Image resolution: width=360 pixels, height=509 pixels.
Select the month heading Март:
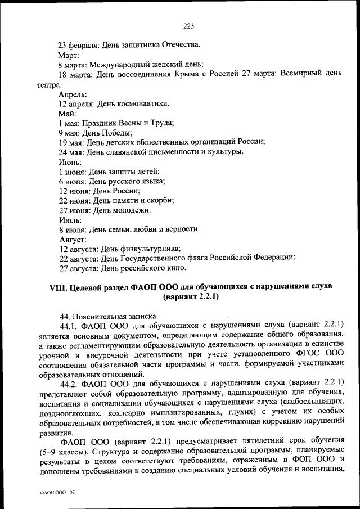coord(69,56)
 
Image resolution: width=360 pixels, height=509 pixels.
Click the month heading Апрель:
coord(73,94)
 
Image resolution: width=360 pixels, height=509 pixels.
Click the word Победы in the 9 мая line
coord(119,133)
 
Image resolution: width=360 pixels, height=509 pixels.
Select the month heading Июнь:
coord(70,162)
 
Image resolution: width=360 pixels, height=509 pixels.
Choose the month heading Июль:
coord(70,220)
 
